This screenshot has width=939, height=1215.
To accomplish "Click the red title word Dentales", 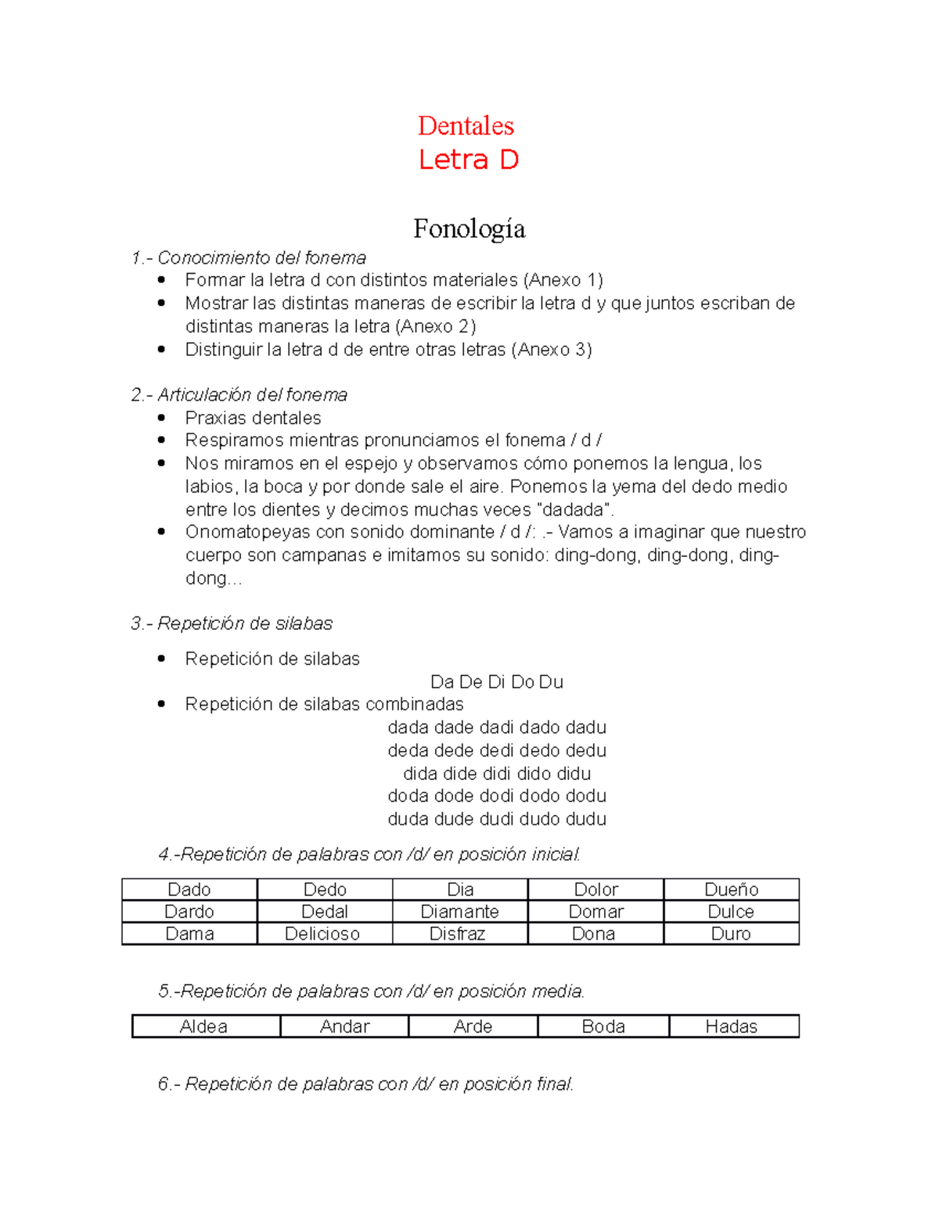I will [x=466, y=126].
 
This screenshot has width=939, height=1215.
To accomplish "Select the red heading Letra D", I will [x=468, y=160].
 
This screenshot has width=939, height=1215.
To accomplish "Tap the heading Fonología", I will [x=469, y=228].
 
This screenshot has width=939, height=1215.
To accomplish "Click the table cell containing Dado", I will [x=189, y=890].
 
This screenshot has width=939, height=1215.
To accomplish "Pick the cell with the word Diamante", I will [x=459, y=911].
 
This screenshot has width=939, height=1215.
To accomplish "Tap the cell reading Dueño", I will [x=731, y=890].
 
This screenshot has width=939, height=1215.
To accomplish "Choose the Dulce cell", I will [x=731, y=911].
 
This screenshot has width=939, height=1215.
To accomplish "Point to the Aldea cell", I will [x=204, y=1026].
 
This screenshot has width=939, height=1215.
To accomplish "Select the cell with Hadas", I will [x=732, y=1026].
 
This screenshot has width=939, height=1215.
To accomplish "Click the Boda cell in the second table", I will [x=603, y=1026].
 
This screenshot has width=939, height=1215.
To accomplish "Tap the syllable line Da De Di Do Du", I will [x=497, y=682].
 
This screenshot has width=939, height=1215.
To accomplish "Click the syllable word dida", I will [x=420, y=774].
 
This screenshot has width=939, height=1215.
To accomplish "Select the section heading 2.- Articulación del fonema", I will [x=239, y=395].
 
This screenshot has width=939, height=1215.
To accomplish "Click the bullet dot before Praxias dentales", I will [x=161, y=418].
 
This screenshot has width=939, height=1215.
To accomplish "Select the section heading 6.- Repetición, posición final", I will [x=365, y=1084].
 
